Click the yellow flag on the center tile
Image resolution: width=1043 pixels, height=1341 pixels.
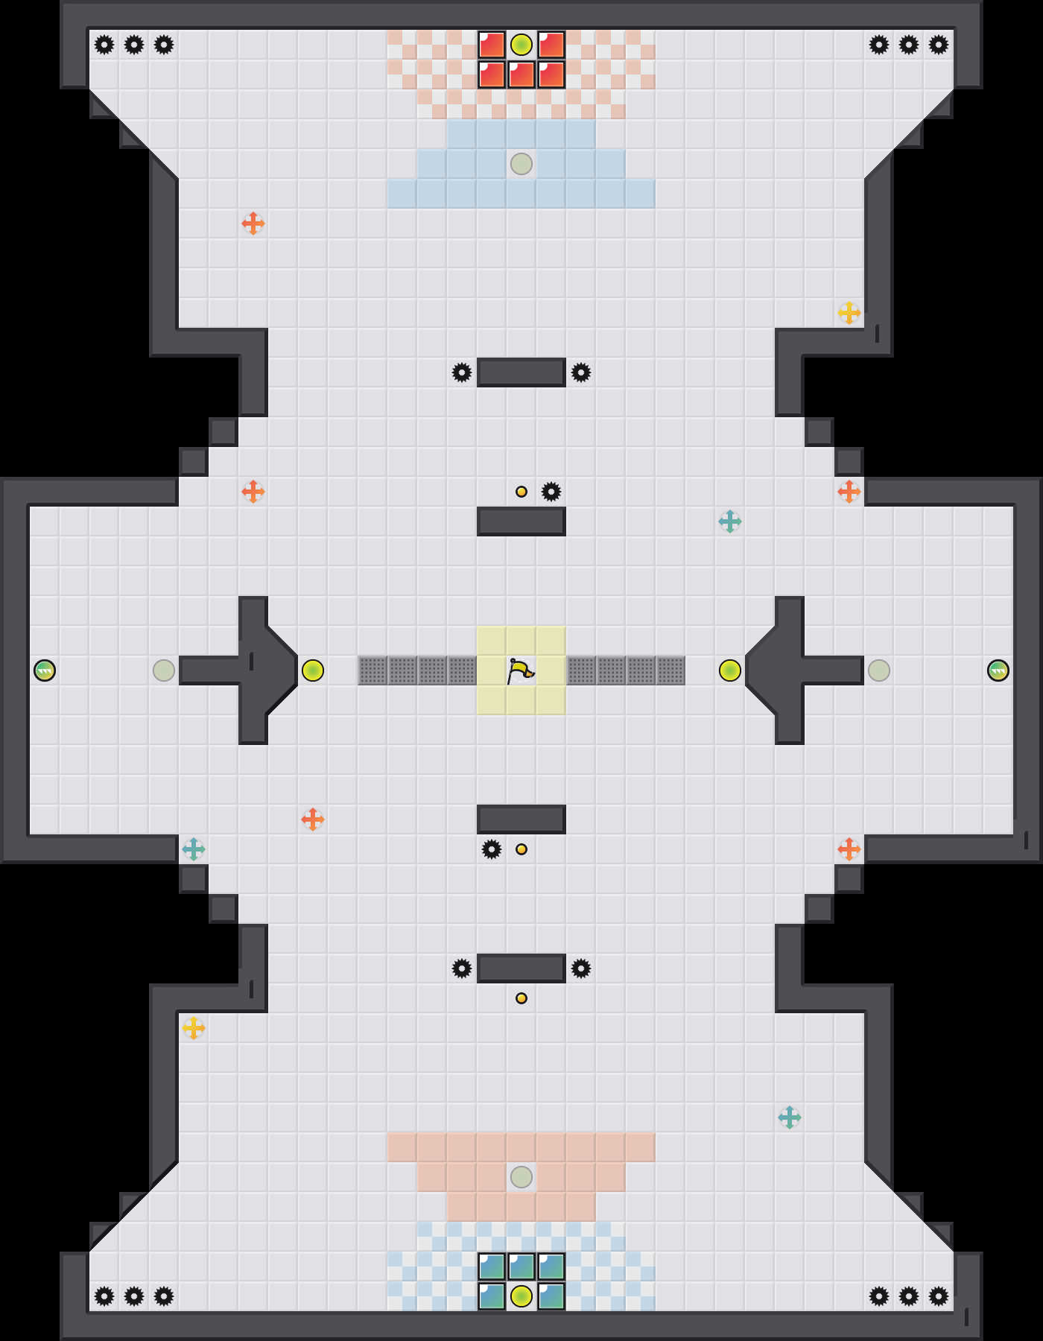click(x=521, y=670)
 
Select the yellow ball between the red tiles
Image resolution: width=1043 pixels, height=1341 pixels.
click(x=521, y=45)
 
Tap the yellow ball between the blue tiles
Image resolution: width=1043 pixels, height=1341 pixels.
click(x=521, y=1296)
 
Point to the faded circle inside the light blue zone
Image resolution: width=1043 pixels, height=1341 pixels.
click(x=521, y=164)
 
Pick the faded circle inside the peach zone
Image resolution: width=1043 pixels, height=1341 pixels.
click(x=521, y=1177)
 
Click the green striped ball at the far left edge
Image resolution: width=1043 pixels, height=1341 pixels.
click(x=45, y=670)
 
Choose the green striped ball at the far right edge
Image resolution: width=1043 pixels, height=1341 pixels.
click(x=998, y=670)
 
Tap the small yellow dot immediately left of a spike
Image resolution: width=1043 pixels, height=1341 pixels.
click(x=521, y=492)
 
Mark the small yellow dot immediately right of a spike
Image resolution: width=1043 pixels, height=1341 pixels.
click(x=521, y=849)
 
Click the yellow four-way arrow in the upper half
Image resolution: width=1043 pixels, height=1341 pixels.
click(x=849, y=313)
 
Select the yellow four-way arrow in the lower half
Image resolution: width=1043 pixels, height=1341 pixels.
click(x=194, y=1028)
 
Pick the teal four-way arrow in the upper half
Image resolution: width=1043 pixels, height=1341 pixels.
click(x=730, y=521)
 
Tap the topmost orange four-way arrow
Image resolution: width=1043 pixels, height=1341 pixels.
click(x=253, y=223)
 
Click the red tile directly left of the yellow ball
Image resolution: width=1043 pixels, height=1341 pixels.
click(x=492, y=45)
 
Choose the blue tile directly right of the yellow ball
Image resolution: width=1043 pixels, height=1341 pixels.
click(x=551, y=1296)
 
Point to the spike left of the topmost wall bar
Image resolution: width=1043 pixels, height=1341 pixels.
click(x=462, y=372)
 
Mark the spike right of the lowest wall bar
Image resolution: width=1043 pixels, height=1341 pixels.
click(x=581, y=968)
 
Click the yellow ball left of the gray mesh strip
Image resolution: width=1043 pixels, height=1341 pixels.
click(x=313, y=670)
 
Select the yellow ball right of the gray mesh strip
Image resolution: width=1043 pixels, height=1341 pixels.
click(x=730, y=670)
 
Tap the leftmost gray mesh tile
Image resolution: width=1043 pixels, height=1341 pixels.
click(x=372, y=670)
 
